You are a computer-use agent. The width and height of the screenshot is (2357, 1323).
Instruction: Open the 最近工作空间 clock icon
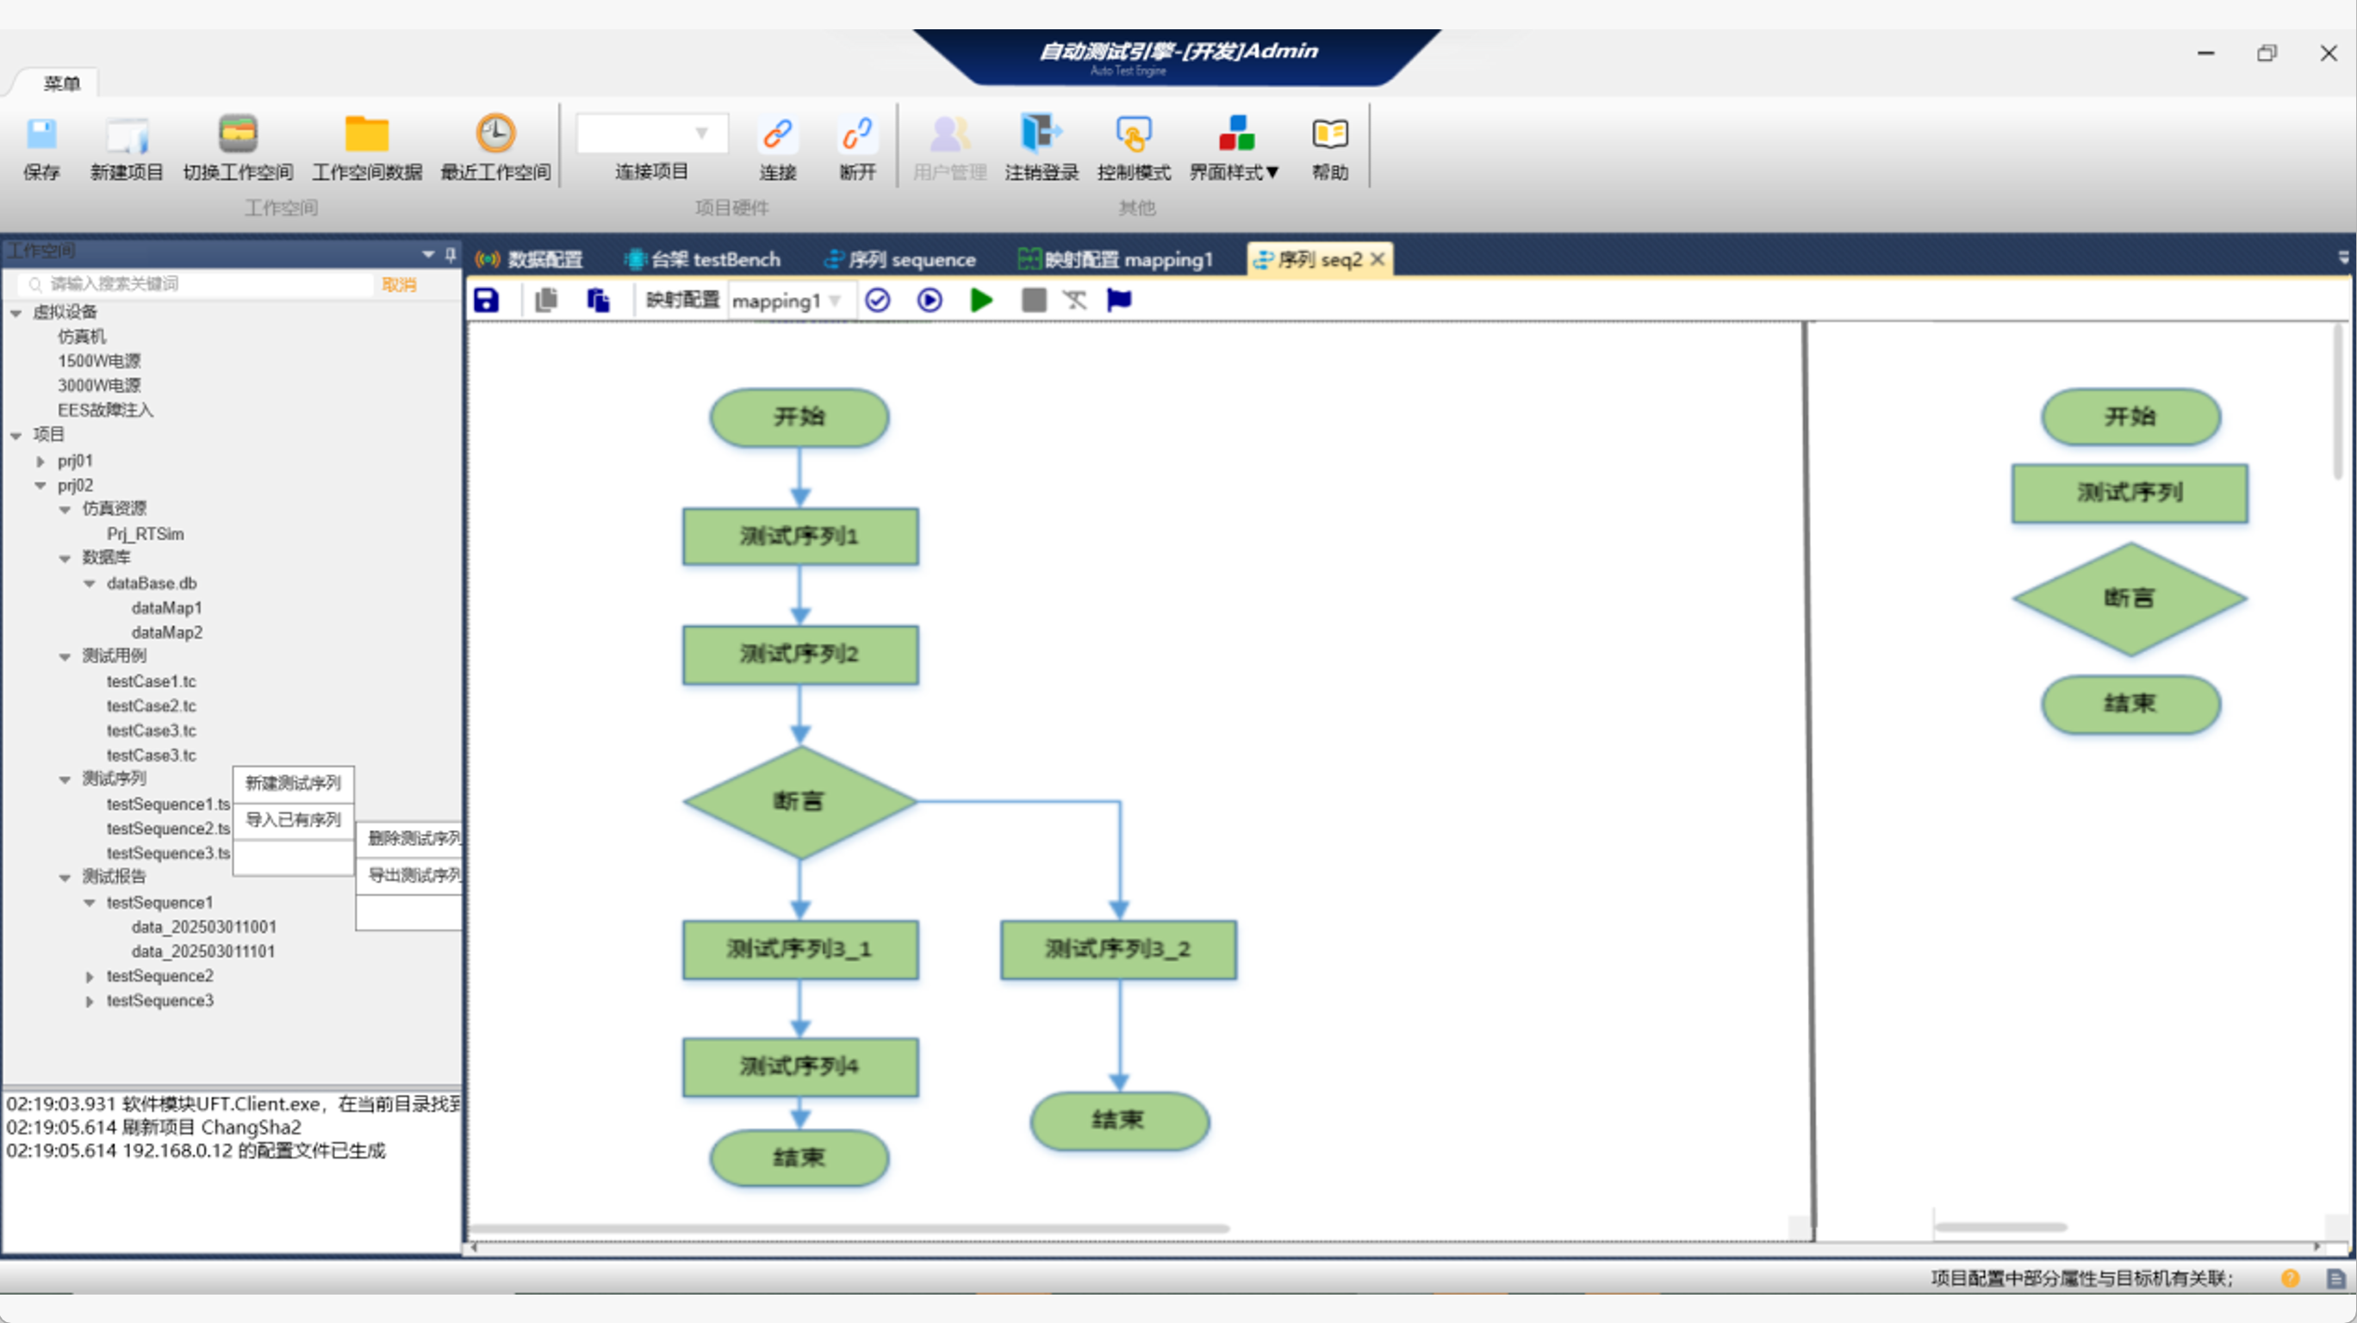tap(495, 134)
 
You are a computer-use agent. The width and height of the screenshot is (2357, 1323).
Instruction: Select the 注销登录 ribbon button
tap(1041, 134)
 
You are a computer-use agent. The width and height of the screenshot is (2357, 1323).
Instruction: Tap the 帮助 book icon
tap(1329, 134)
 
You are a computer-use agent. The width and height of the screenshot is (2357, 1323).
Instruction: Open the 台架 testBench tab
tap(703, 260)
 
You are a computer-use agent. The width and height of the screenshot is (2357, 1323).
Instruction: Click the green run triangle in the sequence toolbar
tap(981, 300)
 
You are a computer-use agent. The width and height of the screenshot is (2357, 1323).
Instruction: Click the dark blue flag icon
tap(1118, 300)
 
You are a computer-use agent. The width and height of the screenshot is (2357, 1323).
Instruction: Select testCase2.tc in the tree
tap(151, 706)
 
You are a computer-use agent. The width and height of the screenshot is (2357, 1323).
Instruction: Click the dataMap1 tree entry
tap(166, 608)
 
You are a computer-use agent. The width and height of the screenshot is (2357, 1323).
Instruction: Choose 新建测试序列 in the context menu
tap(293, 783)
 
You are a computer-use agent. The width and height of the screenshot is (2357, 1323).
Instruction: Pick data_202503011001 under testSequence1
tap(203, 928)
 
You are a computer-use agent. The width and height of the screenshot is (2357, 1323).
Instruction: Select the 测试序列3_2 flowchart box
tap(1118, 950)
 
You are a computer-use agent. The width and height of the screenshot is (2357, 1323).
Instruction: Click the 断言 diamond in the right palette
tap(2130, 599)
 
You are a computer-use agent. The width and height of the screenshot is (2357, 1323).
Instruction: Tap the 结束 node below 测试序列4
tap(799, 1158)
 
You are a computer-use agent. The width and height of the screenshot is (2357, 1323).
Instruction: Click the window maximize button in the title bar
tap(2267, 54)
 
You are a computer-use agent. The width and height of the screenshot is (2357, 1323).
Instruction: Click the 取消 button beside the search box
tap(399, 284)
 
